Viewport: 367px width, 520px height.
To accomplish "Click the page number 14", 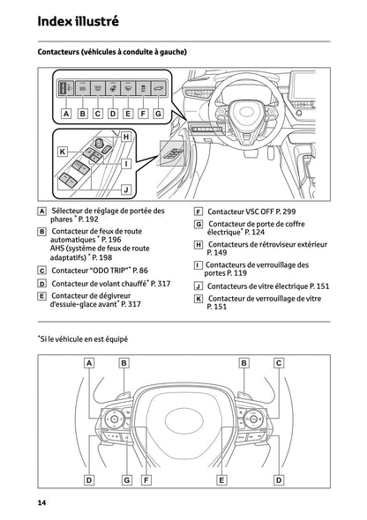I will pyautogui.click(x=41, y=502).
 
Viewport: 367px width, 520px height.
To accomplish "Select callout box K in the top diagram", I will pyautogui.click(x=63, y=152).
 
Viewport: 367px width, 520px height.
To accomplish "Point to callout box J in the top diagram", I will pyautogui.click(x=125, y=189).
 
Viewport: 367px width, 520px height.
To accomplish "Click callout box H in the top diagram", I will pyautogui.click(x=125, y=137).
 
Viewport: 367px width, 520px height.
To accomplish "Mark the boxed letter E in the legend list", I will pyautogui.click(x=42, y=296).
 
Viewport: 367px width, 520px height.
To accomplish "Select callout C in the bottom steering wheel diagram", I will pyautogui.click(x=279, y=362).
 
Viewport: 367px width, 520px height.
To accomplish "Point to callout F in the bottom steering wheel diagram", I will pyautogui.click(x=145, y=479).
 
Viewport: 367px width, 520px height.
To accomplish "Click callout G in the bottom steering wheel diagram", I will pyautogui.click(x=126, y=479).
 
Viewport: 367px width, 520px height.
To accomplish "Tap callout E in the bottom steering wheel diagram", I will pyautogui.click(x=221, y=479).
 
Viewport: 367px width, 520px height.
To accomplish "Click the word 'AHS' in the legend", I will pyautogui.click(x=59, y=249).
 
